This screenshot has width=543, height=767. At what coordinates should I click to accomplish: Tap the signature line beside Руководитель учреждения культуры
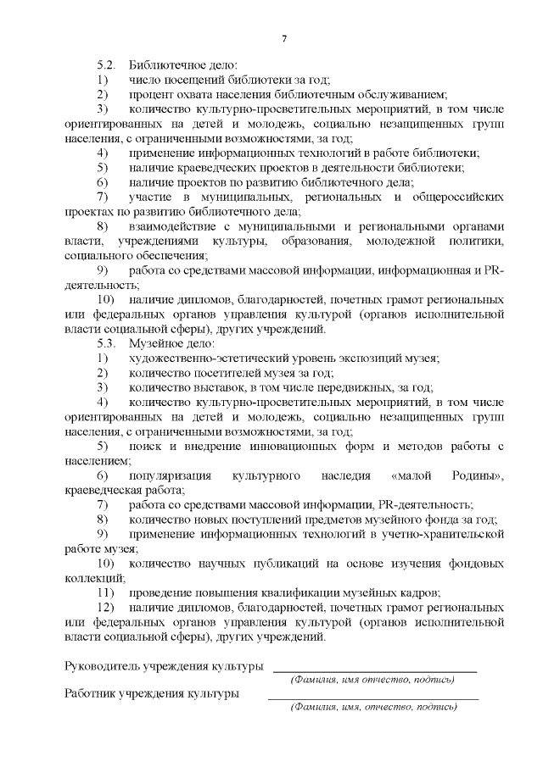click(x=373, y=670)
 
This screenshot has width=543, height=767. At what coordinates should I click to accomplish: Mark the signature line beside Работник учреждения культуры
click(x=373, y=698)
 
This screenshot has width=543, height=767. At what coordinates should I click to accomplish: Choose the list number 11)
click(x=105, y=592)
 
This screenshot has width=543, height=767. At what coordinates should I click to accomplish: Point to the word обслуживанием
click(x=403, y=94)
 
